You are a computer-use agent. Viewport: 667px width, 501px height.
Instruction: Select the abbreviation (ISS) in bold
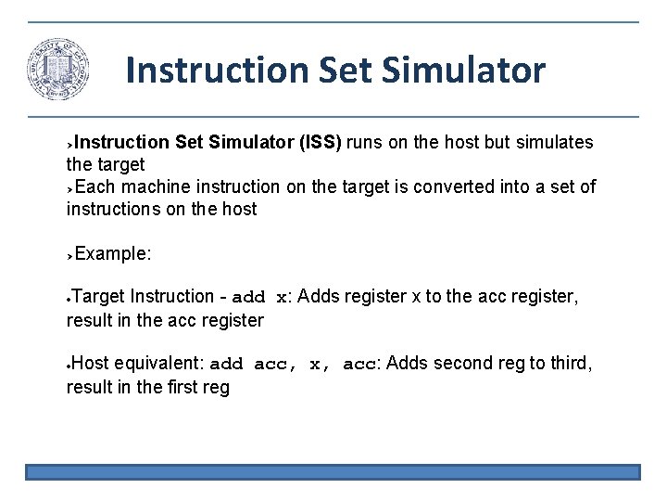click(320, 143)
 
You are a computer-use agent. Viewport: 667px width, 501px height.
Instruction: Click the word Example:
click(113, 253)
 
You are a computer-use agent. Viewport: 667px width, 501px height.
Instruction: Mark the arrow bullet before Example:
click(70, 254)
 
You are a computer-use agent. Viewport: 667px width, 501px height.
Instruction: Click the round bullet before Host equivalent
click(69, 365)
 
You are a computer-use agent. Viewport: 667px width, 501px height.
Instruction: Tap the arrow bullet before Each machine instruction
click(70, 188)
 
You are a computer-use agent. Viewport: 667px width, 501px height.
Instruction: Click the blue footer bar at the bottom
click(333, 472)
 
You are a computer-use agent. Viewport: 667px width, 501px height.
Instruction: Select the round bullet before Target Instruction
click(69, 298)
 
